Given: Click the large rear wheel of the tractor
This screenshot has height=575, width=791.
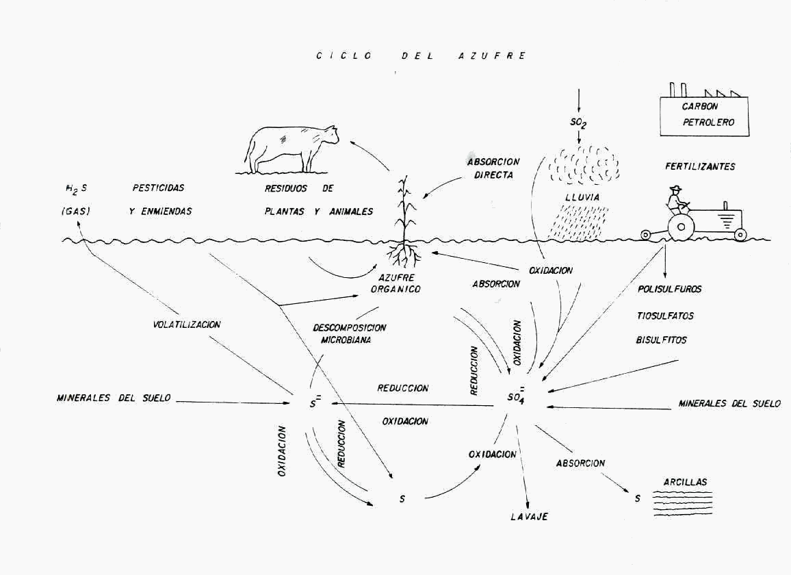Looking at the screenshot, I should (x=681, y=228).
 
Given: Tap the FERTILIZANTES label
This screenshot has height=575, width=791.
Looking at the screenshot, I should (x=700, y=166).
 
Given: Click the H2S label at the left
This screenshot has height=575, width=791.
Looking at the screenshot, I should (x=73, y=188).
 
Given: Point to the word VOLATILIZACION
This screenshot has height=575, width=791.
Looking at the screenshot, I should (x=187, y=324).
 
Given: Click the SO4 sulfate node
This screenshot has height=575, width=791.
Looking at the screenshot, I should (x=517, y=398).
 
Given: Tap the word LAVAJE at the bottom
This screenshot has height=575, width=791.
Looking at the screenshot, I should (x=529, y=517).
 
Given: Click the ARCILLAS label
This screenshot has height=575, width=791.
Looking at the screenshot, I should (x=685, y=482).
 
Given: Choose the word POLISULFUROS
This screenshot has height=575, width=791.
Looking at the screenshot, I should (x=669, y=289).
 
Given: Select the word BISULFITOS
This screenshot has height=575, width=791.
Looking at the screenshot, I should (x=661, y=340).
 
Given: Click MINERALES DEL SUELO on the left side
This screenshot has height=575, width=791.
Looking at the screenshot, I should (x=114, y=398).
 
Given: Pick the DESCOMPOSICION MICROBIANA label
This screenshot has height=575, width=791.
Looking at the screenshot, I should (x=349, y=333).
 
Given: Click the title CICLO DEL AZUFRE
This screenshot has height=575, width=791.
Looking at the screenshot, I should (x=420, y=55).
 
